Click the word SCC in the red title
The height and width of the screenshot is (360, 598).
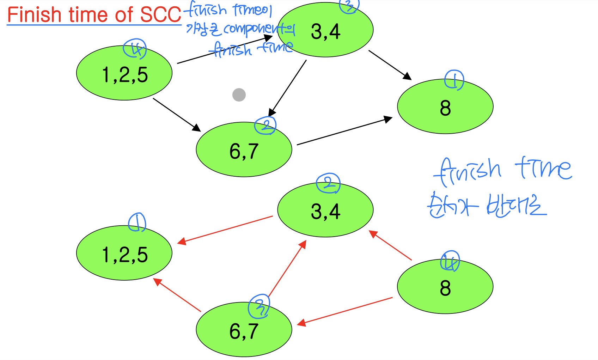(x=160, y=15)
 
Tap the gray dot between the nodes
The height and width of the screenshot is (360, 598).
(x=239, y=95)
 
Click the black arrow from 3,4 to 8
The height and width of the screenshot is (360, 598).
(x=390, y=65)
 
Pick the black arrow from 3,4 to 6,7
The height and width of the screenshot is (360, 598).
(x=288, y=88)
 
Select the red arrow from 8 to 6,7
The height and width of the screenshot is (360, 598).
(x=345, y=311)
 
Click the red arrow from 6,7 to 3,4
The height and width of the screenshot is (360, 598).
(x=287, y=269)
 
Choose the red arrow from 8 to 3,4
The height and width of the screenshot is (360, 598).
(x=390, y=245)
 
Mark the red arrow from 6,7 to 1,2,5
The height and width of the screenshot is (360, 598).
(x=177, y=295)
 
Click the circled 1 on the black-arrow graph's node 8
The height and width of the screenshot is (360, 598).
(x=454, y=80)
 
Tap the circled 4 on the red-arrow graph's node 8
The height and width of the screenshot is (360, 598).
(x=450, y=262)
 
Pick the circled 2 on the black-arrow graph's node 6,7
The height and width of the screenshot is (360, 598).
(x=266, y=126)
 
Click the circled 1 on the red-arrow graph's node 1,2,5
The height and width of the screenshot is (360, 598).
(x=137, y=222)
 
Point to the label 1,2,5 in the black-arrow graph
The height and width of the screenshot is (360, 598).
(x=125, y=75)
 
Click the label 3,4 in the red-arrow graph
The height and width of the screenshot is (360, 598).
(x=325, y=212)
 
